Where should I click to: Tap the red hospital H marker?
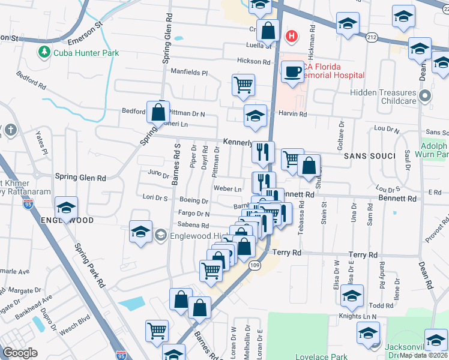point(291,36)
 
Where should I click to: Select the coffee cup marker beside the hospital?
point(292,72)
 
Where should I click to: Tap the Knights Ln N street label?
point(357,316)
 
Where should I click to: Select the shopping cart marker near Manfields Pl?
point(243,85)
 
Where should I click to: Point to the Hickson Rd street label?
point(253,61)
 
